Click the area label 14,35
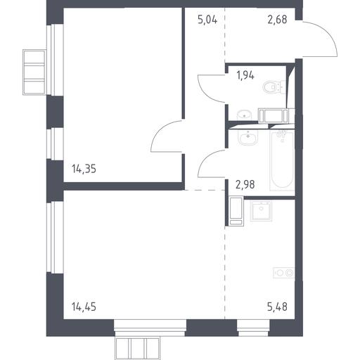tap(84, 169)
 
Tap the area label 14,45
tap(84, 307)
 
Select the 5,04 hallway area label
tap(207, 20)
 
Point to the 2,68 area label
tap(277, 20)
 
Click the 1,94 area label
tap(245, 75)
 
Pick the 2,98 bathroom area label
tap(245, 185)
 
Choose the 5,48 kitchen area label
tap(277, 307)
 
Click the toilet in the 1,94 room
tap(274, 87)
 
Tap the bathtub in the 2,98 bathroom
tap(282, 160)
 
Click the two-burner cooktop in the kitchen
tap(284, 273)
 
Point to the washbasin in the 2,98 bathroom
tap(247, 137)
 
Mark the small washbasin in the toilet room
tap(244, 115)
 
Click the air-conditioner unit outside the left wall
tap(34, 72)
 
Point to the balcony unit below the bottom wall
tap(138, 348)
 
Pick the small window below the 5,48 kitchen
tap(253, 328)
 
